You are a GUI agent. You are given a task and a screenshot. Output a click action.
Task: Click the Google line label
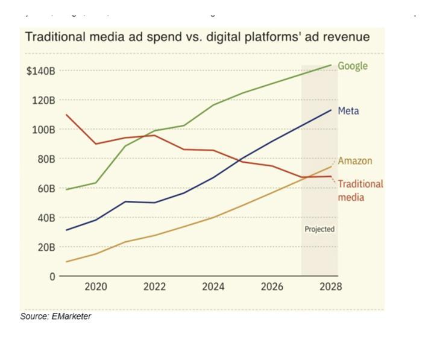(352, 66)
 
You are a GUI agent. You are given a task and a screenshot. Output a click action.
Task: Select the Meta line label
(348, 111)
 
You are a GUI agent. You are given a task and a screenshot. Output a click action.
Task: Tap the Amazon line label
(354, 161)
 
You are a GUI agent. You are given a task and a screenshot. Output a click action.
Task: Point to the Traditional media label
(360, 191)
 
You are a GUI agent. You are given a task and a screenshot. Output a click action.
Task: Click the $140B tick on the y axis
(40, 71)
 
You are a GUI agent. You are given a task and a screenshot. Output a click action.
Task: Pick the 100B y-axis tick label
(43, 130)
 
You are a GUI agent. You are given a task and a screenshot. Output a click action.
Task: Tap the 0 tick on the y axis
(52, 277)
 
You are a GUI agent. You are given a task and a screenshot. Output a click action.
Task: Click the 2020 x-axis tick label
(96, 287)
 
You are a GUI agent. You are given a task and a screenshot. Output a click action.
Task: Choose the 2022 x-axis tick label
(154, 287)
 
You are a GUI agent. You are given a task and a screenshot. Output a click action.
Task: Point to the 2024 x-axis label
(213, 287)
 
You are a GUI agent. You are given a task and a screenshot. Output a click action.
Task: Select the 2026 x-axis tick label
(272, 287)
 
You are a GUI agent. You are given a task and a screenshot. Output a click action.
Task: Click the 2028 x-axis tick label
(330, 287)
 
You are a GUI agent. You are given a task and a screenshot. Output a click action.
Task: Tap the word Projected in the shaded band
(319, 229)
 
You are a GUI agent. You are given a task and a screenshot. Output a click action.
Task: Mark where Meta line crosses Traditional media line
(241, 162)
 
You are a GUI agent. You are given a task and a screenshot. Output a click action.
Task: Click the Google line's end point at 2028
(331, 65)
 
